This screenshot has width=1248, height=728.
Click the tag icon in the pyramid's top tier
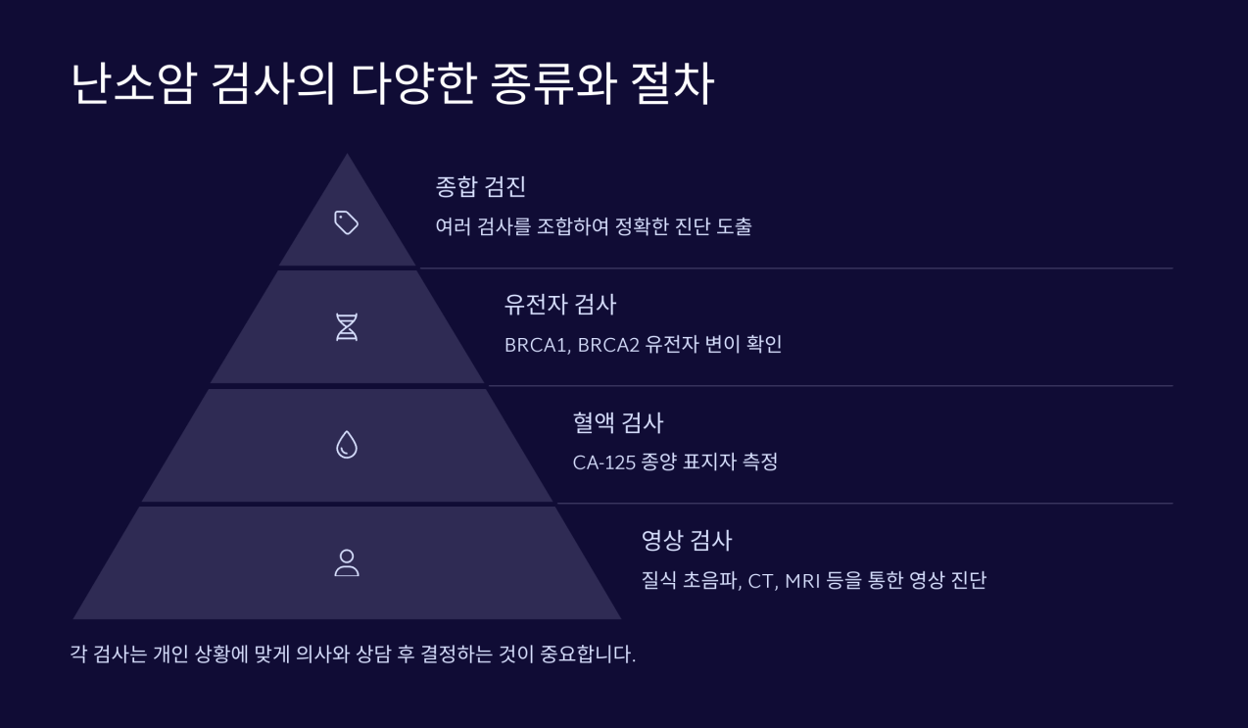(347, 223)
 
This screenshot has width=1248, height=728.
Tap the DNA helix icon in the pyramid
(347, 327)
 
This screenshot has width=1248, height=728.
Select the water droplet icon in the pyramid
(347, 446)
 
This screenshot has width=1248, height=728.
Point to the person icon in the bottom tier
(347, 562)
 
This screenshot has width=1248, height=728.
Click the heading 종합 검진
(481, 187)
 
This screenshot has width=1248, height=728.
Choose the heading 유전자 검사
(559, 305)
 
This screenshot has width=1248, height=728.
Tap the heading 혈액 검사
(617, 422)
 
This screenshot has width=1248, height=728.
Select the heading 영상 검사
(686, 540)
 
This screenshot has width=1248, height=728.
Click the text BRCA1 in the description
(531, 345)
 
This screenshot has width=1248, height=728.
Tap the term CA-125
(600, 462)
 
